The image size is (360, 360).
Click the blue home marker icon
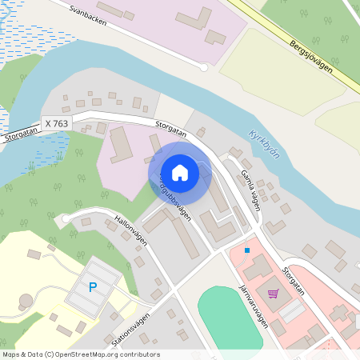pyautogui.click(x=180, y=172)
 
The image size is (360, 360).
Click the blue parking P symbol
pyautogui.click(x=93, y=287)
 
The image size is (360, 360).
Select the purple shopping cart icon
pyautogui.click(x=274, y=294)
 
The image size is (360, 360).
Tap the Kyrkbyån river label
pyautogui.click(x=264, y=144)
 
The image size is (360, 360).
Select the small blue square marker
pyautogui.click(x=247, y=250)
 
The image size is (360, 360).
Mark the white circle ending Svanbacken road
pyautogui.click(x=204, y=68)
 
